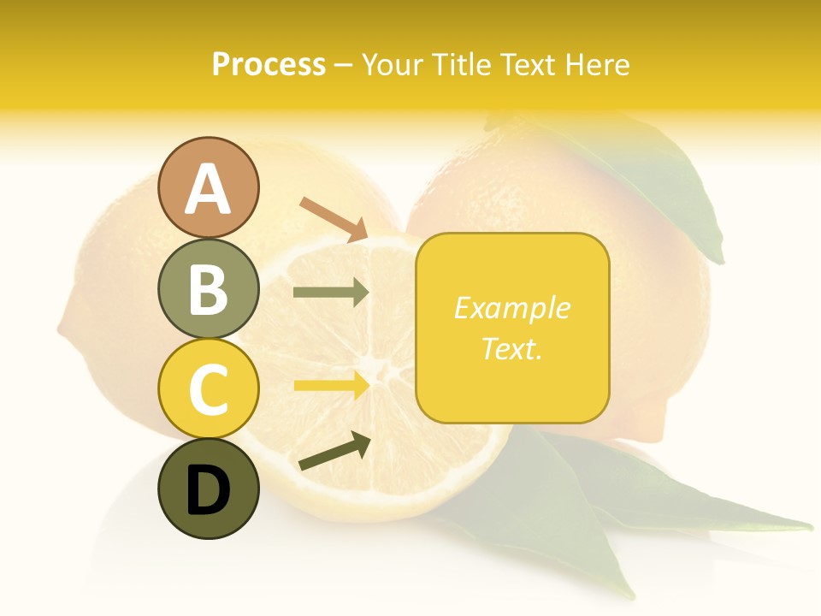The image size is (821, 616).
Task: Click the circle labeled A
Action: [209, 187]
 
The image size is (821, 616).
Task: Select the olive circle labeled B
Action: [209, 288]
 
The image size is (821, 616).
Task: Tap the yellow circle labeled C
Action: [209, 388]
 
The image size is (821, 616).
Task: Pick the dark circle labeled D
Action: [209, 489]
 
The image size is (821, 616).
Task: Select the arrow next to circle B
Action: [331, 293]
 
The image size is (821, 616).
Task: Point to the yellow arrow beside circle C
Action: [331, 385]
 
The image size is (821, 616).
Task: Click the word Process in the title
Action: [269, 65]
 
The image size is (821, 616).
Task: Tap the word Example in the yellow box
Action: [512, 308]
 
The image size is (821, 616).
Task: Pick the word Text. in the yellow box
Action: [512, 348]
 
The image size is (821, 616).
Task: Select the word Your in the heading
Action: [394, 65]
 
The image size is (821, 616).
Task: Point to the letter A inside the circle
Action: [209, 189]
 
